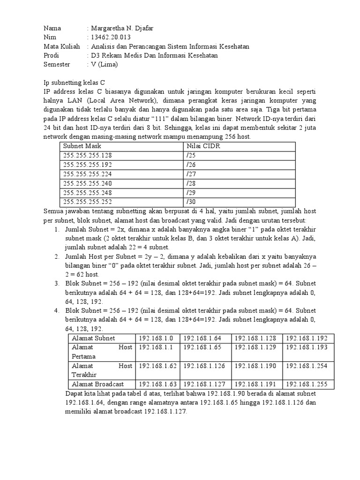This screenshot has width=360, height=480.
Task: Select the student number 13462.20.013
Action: click(x=110, y=37)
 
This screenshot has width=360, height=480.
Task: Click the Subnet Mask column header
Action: click(x=82, y=146)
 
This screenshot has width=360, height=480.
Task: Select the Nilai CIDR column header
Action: click(x=203, y=146)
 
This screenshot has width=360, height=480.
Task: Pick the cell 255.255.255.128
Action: click(x=88, y=156)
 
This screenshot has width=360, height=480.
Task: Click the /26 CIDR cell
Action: click(x=191, y=165)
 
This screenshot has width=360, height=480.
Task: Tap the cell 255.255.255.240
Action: click(x=88, y=183)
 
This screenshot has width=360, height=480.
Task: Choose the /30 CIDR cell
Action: click(x=191, y=202)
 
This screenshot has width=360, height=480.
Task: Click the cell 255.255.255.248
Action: click(x=88, y=193)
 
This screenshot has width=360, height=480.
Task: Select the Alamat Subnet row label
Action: click(x=93, y=338)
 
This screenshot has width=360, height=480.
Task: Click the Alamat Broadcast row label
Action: click(x=97, y=384)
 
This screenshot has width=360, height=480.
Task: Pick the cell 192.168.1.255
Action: click(x=309, y=384)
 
